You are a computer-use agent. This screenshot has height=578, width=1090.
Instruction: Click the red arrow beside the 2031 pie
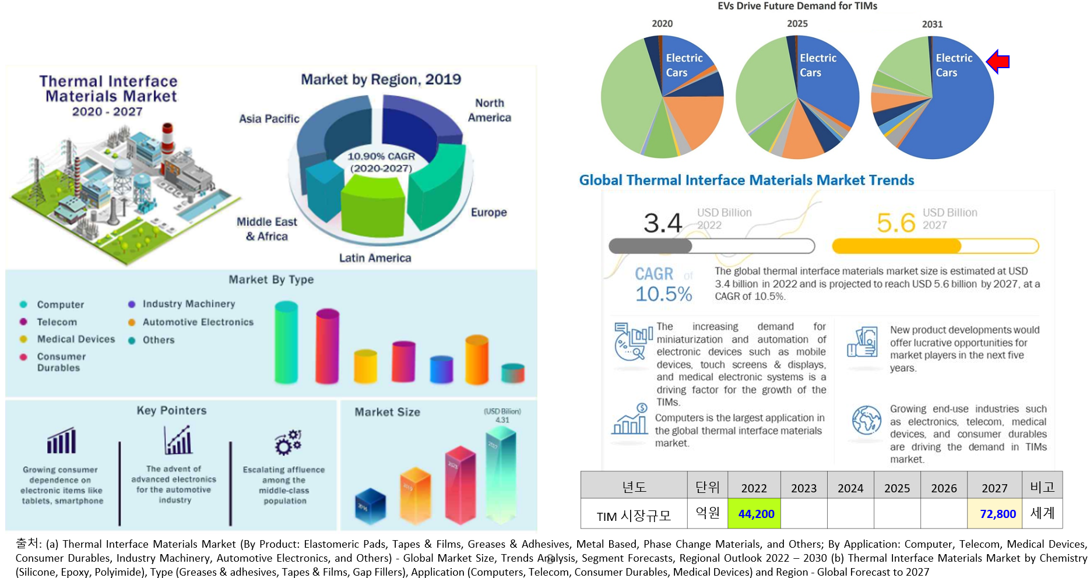pos(998,61)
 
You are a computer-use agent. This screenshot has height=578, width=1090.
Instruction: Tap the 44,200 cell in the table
pos(756,514)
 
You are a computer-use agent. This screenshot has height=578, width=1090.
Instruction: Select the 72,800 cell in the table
pos(997,514)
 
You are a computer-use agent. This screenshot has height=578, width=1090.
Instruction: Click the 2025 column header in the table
pos(896,488)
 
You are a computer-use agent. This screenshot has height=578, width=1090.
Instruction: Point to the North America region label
pos(489,110)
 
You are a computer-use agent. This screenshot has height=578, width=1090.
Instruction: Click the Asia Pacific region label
pos(269,119)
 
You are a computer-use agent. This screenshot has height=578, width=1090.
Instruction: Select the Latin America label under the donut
pos(375,258)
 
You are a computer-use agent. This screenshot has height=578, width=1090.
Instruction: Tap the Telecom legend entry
pos(57,322)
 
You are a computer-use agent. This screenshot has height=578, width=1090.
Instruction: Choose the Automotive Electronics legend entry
pos(198,322)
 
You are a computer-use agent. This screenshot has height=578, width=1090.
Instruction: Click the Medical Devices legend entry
pos(76,339)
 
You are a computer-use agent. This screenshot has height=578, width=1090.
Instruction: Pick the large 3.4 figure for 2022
pos(662,223)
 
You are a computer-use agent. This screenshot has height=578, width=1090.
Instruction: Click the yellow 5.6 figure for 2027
pos(896,223)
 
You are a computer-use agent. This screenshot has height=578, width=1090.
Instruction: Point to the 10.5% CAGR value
pos(663,294)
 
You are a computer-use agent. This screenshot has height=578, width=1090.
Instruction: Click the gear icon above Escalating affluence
pos(288,442)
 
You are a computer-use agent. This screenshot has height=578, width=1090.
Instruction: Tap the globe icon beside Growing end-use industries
pos(866,420)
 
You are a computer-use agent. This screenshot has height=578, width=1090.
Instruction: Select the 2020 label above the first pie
pos(662,23)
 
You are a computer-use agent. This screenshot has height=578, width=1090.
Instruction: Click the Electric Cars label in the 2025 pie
pos(817,65)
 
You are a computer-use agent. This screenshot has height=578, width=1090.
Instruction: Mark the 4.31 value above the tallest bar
pos(502,420)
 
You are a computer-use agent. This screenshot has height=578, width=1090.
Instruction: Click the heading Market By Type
pos(271,280)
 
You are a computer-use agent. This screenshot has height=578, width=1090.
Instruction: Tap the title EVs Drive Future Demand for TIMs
pos(797,6)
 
